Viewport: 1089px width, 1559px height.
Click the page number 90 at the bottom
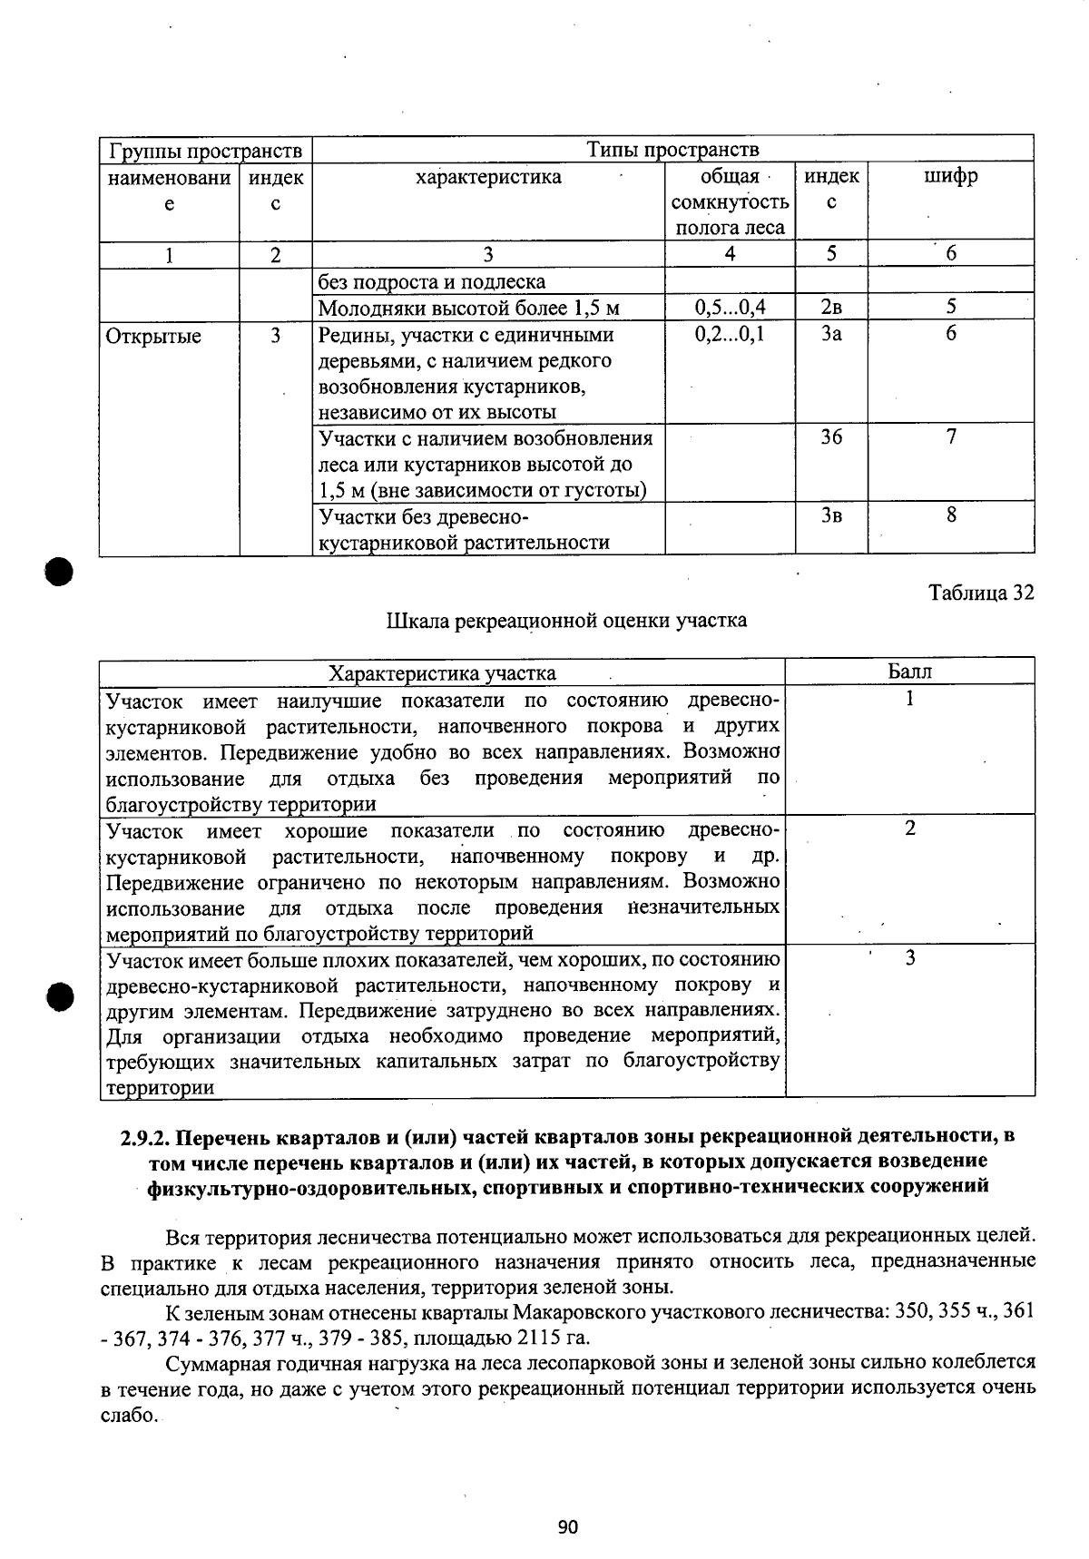click(568, 1526)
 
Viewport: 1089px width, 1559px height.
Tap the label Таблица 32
click(981, 593)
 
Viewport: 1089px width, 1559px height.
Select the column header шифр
click(950, 176)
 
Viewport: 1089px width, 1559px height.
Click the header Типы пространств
click(672, 149)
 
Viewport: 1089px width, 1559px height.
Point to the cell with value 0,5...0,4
click(730, 308)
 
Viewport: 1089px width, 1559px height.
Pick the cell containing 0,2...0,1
click(730, 334)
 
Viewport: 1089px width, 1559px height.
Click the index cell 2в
click(831, 308)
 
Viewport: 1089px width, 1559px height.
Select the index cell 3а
click(831, 334)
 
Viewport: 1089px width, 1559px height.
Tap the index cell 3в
click(831, 515)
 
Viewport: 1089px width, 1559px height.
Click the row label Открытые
click(154, 336)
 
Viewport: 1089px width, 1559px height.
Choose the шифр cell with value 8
click(951, 515)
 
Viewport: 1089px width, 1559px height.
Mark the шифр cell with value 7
click(951, 437)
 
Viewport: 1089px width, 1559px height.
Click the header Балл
click(909, 672)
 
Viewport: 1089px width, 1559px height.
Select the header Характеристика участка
click(442, 672)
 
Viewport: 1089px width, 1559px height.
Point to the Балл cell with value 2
click(909, 829)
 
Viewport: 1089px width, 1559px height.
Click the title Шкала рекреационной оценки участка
click(567, 621)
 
